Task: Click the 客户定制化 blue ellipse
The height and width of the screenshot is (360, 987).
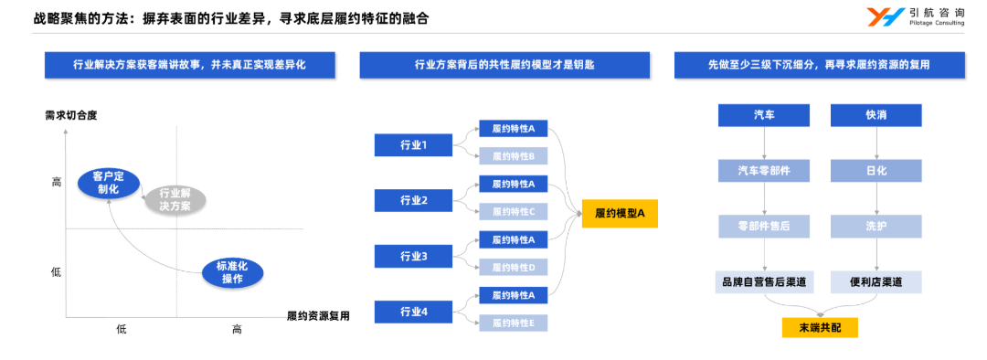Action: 108,183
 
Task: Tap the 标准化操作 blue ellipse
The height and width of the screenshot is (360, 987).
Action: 231,271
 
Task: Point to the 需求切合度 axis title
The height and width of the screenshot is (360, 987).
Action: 71,115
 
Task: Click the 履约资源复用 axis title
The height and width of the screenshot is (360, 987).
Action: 318,316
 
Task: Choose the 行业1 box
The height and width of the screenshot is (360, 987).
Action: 413,144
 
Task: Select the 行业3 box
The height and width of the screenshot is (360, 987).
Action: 413,256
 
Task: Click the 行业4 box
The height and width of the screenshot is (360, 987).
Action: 413,312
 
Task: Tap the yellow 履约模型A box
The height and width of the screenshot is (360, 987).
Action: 620,214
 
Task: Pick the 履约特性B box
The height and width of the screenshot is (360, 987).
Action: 513,155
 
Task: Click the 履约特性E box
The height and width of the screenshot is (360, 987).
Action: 513,322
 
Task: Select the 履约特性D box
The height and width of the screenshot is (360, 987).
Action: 513,267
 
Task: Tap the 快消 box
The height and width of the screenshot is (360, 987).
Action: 876,115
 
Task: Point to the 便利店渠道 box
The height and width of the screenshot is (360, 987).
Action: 876,281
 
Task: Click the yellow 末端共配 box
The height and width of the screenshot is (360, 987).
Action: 820,327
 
